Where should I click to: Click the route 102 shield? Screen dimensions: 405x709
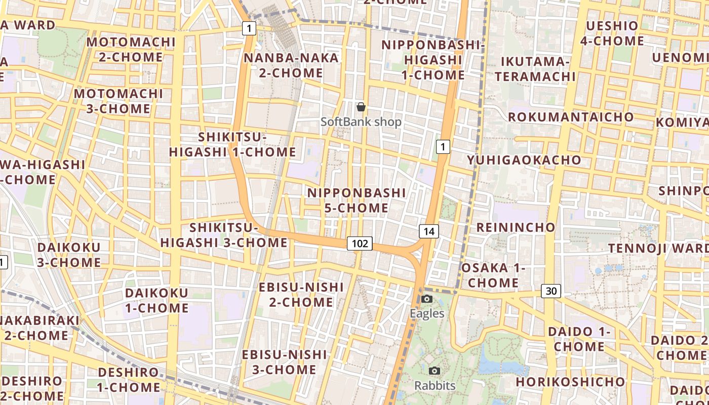point(360,244)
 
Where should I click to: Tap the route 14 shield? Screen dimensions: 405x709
point(428,231)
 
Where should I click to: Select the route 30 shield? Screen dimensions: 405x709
point(551,291)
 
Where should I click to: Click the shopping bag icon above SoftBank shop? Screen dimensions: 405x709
point(361,107)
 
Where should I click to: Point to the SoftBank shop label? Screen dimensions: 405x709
point(361,122)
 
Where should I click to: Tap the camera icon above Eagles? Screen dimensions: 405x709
point(427,299)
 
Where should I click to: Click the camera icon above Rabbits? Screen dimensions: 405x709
point(435,371)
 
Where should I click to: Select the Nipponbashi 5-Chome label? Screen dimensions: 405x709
point(357,200)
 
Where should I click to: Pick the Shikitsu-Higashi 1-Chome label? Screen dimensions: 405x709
point(232,144)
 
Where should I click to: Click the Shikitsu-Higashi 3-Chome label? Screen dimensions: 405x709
point(224,235)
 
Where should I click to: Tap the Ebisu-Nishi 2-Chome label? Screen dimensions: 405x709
point(301,295)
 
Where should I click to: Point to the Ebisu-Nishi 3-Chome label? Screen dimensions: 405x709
point(284,362)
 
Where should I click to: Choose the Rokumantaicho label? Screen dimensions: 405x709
point(571,117)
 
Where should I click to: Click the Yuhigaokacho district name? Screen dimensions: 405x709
point(524,160)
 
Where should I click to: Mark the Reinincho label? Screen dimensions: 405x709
point(516,227)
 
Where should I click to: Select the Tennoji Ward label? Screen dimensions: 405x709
point(658,248)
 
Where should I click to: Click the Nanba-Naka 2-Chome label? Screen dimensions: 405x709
point(291,65)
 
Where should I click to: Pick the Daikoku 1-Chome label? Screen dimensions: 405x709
point(156,300)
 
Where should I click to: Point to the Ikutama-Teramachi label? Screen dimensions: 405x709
point(535,69)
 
